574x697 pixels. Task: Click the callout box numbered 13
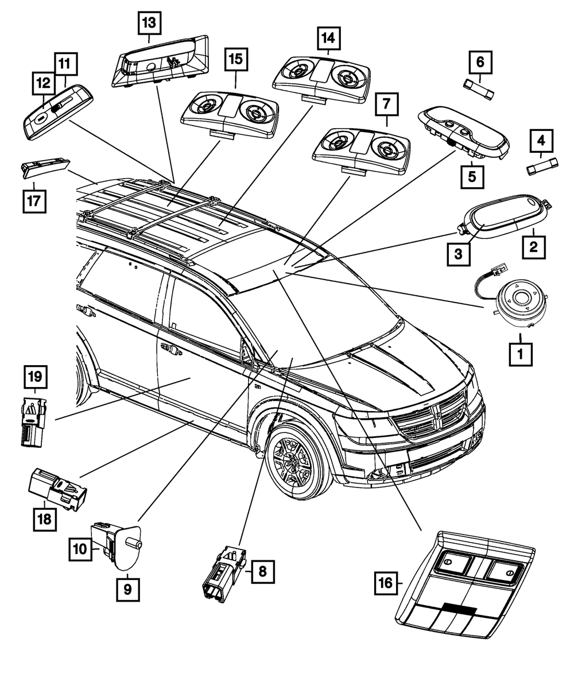(x=149, y=24)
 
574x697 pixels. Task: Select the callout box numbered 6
(x=480, y=61)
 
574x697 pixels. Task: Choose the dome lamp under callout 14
(x=322, y=79)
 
